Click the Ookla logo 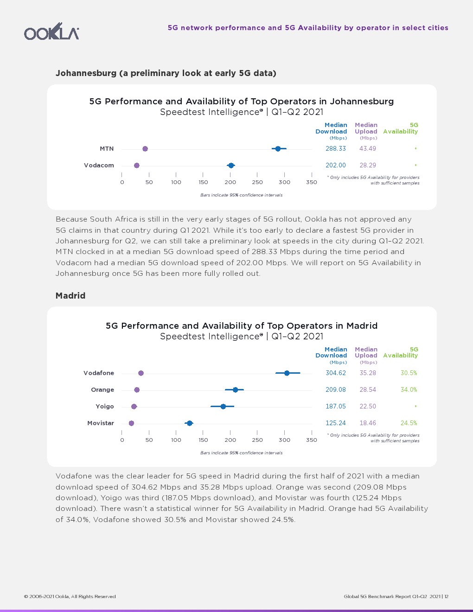51,32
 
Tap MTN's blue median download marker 278,149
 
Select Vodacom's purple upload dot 136,166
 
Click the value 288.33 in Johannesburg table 336,149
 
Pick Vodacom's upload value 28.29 368,166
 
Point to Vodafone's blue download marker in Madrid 287,373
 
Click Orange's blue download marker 235,390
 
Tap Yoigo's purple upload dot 134,407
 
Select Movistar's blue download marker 189,423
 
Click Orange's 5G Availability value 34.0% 409,390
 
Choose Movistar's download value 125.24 336,423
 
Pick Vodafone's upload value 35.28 368,373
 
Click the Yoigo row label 105,407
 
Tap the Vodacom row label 99,166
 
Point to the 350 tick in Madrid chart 312,440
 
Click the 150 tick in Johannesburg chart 203,182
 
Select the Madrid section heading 70,296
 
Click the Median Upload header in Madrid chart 366,352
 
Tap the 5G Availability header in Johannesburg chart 401,128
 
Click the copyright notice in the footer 70,597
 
